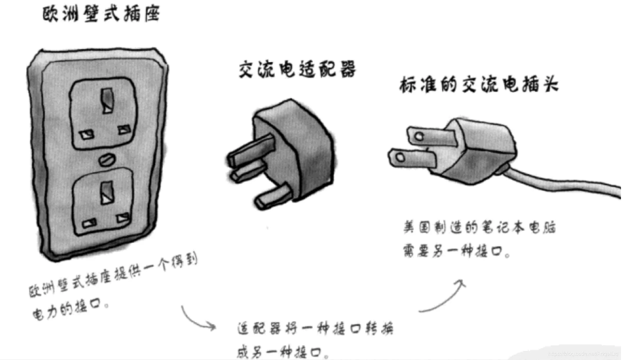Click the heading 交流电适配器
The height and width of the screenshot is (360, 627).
pyautogui.click(x=297, y=71)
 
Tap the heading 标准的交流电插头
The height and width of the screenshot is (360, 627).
pyautogui.click(x=478, y=85)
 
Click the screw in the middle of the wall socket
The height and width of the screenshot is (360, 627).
pyautogui.click(x=107, y=158)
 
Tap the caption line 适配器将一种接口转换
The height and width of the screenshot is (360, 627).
pyautogui.click(x=314, y=330)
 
